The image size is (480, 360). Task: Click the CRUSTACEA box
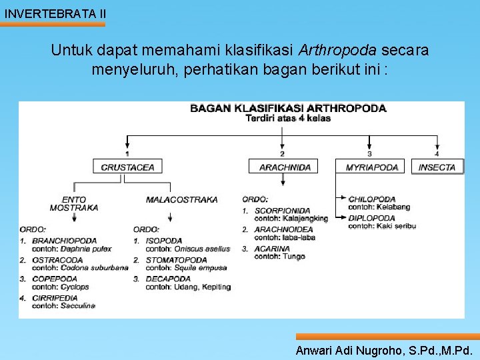pos(127,167)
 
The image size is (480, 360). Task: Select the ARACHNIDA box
pos(285,167)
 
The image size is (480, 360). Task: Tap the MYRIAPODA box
pos(371,167)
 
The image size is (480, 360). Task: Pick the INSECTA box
pos(437,167)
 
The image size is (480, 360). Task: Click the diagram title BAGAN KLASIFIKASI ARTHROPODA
pos(288,108)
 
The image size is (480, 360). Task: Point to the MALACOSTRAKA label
pos(181,199)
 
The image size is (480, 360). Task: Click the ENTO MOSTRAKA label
pos(74,203)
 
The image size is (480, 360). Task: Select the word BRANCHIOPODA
pos(64,241)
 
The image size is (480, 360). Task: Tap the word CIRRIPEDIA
pos(55,298)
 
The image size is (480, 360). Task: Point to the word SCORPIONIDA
pos(283,211)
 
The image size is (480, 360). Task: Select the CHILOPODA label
pos(372,199)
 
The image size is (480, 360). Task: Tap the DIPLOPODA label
pos(371,218)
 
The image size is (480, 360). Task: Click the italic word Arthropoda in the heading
pos(337,50)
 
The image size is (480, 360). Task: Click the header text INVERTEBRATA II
pos(55,13)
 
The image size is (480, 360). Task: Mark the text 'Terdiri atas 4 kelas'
pos(288,118)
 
